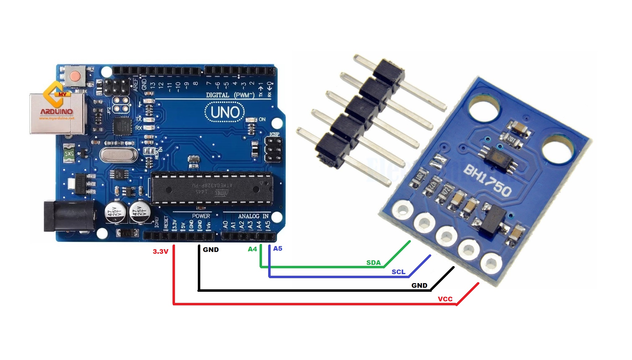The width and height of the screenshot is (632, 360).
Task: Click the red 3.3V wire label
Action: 160,252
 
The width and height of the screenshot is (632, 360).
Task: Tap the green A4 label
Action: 252,249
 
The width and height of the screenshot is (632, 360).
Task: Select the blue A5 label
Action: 277,249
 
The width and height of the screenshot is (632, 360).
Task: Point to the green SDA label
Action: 373,263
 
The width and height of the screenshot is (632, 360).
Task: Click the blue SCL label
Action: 398,272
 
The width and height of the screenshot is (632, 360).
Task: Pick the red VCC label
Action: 445,299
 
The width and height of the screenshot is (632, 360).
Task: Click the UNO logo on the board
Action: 225,112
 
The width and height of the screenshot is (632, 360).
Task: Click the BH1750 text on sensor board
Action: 487,181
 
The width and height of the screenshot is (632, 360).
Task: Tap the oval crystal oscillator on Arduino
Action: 118,154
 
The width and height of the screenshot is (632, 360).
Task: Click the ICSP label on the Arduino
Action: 274,134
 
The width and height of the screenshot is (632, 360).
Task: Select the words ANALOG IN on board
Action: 253,216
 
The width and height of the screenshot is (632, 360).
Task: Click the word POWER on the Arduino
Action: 201,216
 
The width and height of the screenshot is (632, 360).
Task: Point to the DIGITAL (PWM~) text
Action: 230,95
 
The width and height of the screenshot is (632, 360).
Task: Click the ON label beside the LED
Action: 262,119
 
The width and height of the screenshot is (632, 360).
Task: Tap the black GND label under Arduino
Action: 211,250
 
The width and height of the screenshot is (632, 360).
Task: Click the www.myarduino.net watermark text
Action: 57,118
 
